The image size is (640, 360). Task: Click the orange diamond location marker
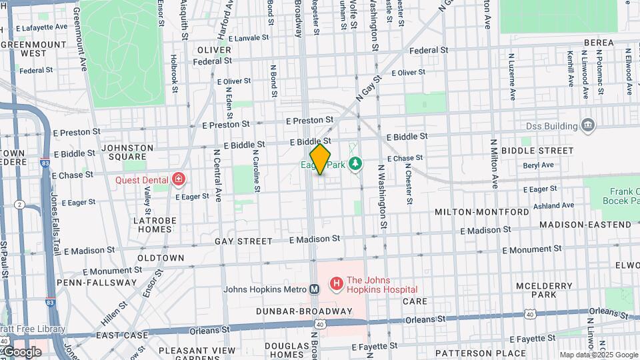pos(320,160)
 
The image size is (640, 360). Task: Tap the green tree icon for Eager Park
pos(355,163)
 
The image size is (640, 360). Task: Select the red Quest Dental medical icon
pos(178,179)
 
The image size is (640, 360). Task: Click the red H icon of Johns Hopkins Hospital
pos(336,285)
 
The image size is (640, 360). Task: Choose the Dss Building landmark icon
pos(588,125)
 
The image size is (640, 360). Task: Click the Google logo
pos(21,352)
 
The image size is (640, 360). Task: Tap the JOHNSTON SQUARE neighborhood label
pos(127,153)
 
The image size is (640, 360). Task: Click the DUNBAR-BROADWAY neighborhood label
pos(304,311)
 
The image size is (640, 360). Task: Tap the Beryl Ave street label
pos(539,165)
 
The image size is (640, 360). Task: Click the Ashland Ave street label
pos(553,206)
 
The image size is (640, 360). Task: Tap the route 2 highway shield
pos(20,204)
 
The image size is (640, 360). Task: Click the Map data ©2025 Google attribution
pos(599,355)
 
